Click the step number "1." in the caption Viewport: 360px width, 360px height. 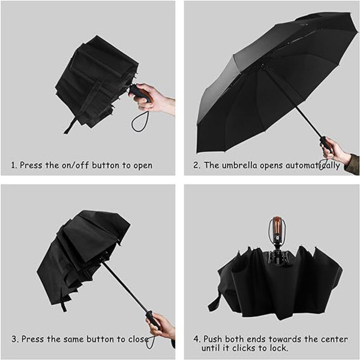click(x=14, y=166)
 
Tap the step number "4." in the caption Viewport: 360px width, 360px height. click(x=197, y=339)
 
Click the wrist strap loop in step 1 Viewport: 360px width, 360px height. click(x=139, y=122)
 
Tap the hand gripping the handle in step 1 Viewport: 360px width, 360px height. click(x=152, y=98)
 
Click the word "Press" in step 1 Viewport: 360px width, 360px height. click(x=31, y=166)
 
